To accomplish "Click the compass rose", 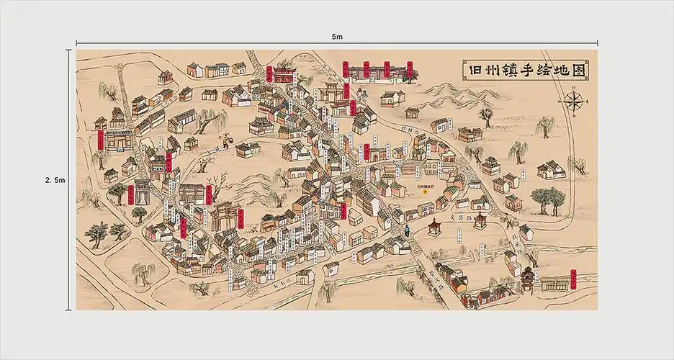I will click(574, 101).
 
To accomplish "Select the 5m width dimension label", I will click(337, 35).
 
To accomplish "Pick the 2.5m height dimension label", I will click(55, 180).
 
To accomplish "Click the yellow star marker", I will click(425, 192).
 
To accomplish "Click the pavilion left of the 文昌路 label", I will click(433, 228).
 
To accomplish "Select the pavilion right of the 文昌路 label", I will click(480, 220).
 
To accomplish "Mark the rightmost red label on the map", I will click(573, 279).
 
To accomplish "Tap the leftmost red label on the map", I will click(99, 140).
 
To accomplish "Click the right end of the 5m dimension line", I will click(597, 43).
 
